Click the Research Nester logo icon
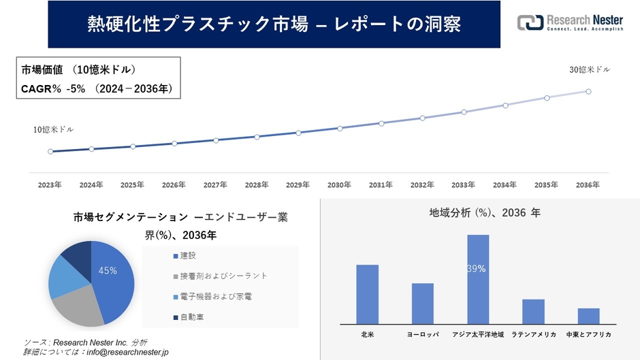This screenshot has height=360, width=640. (x=530, y=22)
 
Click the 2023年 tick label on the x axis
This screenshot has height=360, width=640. (x=50, y=184)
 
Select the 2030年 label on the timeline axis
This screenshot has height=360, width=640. (x=339, y=184)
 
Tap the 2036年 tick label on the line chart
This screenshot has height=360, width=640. (x=588, y=184)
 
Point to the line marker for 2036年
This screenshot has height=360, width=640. (x=588, y=91)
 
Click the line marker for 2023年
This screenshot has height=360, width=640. (x=50, y=151)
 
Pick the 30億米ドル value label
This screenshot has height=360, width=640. (x=590, y=69)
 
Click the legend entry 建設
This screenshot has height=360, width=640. (x=188, y=256)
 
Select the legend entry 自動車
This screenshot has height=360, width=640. (x=191, y=317)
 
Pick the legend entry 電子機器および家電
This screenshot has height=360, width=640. (x=212, y=297)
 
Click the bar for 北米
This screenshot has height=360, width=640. (x=367, y=294)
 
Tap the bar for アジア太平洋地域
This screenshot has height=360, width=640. (x=478, y=279)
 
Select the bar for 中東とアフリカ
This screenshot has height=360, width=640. (x=588, y=316)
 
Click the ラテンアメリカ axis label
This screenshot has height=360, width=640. (x=533, y=335)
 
